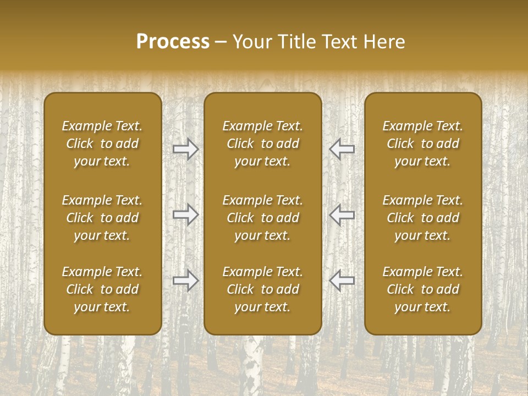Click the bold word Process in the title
click(173, 42)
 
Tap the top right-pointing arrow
click(186, 149)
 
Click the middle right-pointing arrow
click(186, 215)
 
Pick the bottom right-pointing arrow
click(186, 280)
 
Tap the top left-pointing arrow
click(342, 149)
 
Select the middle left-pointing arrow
click(342, 215)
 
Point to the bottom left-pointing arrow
click(342, 280)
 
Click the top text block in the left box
click(102, 144)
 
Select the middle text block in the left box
click(102, 218)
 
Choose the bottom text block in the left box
click(102, 289)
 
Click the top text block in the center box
click(263, 144)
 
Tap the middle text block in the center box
click(263, 218)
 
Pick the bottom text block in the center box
click(263, 289)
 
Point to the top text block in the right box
click(423, 144)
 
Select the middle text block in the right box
click(423, 218)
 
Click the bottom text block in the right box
click(423, 289)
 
